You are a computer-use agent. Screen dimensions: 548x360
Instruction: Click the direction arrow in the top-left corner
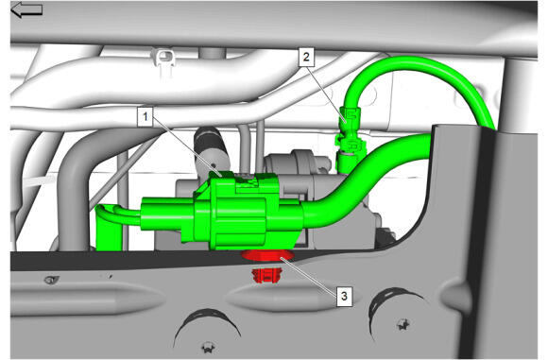26,9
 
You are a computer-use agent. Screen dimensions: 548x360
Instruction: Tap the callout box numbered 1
146,117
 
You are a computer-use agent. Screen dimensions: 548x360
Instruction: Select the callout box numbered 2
306,58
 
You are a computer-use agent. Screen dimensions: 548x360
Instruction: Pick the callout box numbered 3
344,297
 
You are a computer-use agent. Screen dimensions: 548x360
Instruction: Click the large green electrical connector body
241,213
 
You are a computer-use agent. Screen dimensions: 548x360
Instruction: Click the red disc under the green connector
267,255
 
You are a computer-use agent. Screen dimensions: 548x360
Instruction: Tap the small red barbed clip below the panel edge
266,275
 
